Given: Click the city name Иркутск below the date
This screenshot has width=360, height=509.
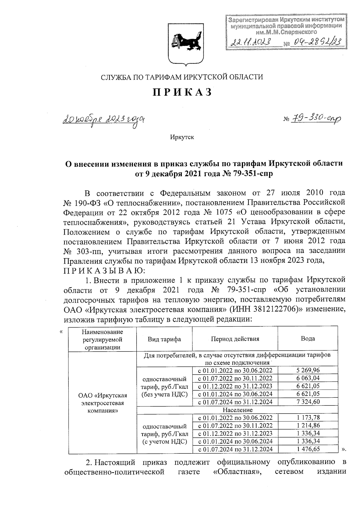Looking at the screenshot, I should point(182,137).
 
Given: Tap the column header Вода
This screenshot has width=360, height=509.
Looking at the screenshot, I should point(307,339).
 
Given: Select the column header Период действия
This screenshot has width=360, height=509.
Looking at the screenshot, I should point(235,339).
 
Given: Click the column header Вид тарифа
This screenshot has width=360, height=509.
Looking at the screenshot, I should point(164,339).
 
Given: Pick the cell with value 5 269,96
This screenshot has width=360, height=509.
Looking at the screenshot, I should point(308,370).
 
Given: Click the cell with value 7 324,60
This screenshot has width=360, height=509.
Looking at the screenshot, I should point(308,402).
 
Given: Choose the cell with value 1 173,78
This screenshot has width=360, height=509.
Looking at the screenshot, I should point(308,418).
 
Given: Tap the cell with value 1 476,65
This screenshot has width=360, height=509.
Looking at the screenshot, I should point(308,449).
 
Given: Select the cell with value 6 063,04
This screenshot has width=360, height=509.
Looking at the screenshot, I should point(308,378).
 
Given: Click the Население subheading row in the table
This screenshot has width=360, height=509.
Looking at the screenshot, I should point(237,410).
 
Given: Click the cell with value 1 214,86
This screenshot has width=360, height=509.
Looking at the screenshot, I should point(308,425).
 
